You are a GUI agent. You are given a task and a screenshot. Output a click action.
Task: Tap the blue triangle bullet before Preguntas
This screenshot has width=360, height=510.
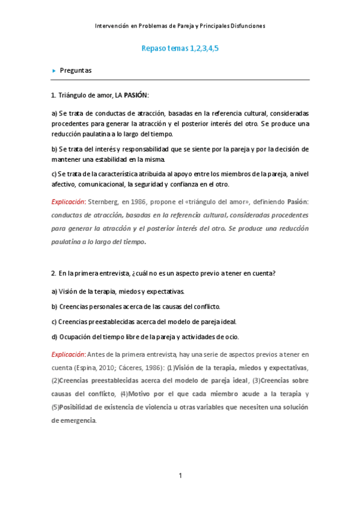pos(54,70)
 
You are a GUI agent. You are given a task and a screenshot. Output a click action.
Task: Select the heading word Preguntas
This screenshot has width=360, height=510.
pos(76,70)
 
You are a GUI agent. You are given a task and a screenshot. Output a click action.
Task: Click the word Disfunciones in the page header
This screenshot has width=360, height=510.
pos(244,26)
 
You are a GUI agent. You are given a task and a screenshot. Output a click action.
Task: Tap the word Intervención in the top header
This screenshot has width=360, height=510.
pos(115,26)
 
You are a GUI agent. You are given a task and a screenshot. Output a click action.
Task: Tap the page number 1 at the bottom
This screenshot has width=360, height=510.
pos(180,476)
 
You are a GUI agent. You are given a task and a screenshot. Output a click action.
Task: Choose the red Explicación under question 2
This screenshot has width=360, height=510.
pos(67,354)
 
